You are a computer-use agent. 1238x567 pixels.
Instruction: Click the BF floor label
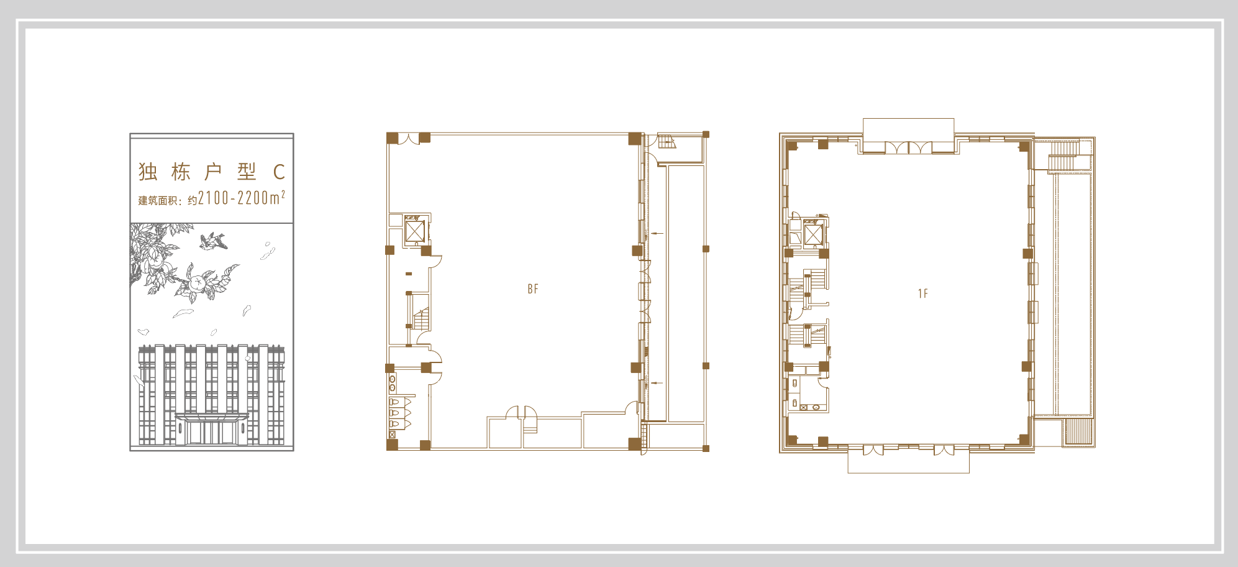tap(533, 289)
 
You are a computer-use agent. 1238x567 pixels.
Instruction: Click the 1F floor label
tap(923, 293)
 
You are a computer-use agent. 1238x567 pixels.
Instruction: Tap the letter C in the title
tap(279, 172)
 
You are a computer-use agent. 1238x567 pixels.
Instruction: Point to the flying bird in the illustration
tap(213, 241)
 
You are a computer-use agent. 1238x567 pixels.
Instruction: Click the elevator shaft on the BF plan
tap(414, 231)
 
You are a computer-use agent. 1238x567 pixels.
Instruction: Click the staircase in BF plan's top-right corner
tap(667, 141)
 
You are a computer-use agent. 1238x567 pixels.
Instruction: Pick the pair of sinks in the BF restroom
tap(392, 383)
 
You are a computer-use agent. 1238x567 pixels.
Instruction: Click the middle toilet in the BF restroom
tap(394, 413)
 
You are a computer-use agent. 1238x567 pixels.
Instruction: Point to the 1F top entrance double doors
tap(908, 148)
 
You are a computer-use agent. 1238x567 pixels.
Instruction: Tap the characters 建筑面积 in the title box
tap(158, 200)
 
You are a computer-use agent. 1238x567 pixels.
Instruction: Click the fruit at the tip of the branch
tap(197, 283)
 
